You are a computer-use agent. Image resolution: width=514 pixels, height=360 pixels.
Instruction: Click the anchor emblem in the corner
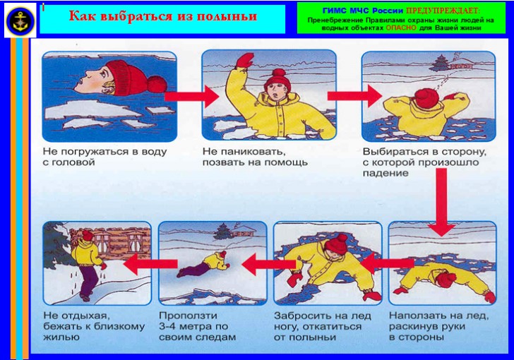click(x=21, y=20)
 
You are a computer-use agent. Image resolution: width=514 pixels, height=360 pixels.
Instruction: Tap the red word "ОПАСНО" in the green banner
click(x=401, y=28)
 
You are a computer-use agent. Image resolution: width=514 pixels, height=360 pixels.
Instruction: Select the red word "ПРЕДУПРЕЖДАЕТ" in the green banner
click(x=443, y=11)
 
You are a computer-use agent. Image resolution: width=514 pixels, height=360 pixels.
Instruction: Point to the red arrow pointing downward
click(x=442, y=207)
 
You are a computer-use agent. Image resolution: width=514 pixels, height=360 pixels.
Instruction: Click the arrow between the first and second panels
click(x=192, y=95)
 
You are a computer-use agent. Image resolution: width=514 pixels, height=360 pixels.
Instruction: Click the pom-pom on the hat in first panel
click(x=157, y=83)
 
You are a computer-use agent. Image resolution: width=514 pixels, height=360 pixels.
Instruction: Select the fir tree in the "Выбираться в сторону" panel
click(x=438, y=64)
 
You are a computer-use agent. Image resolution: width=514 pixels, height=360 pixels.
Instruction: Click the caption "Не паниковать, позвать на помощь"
click(x=255, y=157)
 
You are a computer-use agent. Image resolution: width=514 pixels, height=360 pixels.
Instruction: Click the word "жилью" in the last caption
click(x=61, y=337)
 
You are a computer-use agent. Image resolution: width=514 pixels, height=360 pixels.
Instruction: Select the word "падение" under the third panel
click(x=385, y=173)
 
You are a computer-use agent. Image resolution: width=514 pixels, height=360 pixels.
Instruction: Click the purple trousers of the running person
click(x=88, y=282)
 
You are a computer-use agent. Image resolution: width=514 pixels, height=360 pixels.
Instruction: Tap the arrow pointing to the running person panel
click(x=150, y=263)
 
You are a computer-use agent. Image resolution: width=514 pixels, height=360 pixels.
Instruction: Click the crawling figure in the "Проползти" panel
click(x=203, y=264)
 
